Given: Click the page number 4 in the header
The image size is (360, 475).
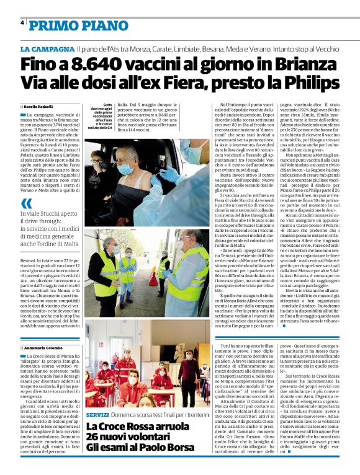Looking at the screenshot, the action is tap(22, 23).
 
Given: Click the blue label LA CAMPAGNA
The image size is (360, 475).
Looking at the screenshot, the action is tap(47, 48).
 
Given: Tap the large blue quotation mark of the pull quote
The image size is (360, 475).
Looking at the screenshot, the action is tap(25, 204).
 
